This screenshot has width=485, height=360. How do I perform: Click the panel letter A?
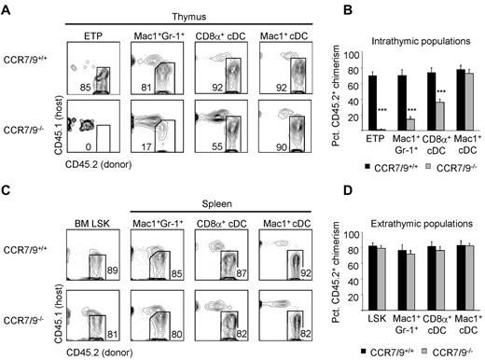[x=7, y=8]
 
